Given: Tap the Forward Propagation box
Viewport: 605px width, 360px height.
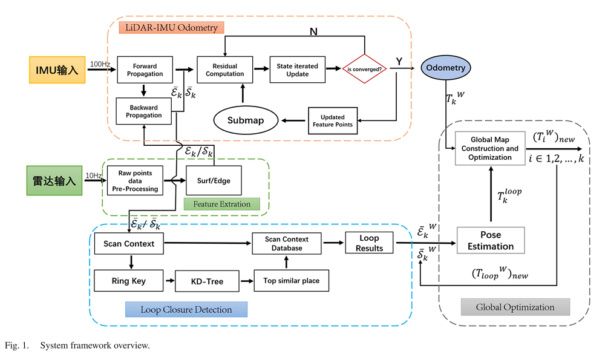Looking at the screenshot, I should click(145, 70).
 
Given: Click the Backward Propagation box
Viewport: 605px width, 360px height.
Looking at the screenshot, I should click(144, 111).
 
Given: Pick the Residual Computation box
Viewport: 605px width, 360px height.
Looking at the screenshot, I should click(224, 70).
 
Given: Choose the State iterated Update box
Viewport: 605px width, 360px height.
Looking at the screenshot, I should click(297, 70).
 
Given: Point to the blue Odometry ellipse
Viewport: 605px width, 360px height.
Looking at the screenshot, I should click(445, 68).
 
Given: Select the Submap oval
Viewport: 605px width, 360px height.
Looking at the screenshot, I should click(246, 120).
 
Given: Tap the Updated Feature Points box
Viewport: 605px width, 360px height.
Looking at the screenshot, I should click(332, 120).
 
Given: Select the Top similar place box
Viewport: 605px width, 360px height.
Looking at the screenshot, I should click(291, 281).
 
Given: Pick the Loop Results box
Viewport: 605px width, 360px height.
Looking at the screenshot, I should click(369, 243).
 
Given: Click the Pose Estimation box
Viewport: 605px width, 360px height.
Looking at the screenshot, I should click(490, 240).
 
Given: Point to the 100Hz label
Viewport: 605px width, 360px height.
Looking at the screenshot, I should click(99, 64).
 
